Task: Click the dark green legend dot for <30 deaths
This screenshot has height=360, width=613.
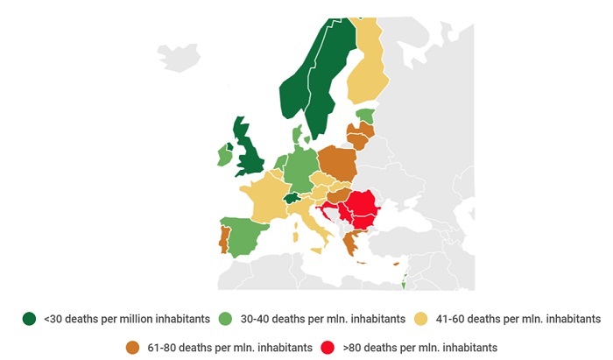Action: coord(30,318)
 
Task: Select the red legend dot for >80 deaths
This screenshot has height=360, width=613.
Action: coord(329,347)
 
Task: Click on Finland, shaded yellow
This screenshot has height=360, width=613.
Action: coord(369,70)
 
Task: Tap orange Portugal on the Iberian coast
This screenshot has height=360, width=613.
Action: coord(224,238)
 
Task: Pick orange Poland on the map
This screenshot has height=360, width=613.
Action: coord(337,164)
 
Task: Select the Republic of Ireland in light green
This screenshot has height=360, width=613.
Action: coord(225,156)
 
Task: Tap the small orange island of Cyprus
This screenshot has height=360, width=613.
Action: coord(396,264)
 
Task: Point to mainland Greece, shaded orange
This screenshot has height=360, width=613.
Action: coord(351,244)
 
